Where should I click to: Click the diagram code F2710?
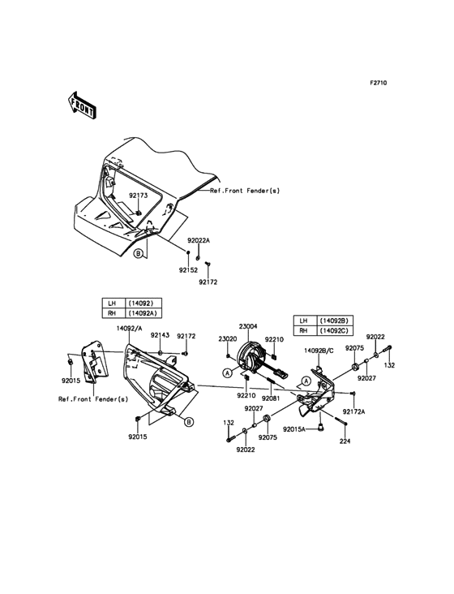point(379,83)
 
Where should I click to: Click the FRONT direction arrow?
point(82,106)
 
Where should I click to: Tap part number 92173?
point(138,196)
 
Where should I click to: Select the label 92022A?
point(199,240)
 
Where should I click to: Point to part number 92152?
point(188,270)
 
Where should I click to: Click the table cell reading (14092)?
point(141,303)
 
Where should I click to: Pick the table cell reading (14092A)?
point(143,313)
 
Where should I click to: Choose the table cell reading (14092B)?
point(334,321)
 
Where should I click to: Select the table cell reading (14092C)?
point(334,331)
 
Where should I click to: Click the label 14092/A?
point(130,329)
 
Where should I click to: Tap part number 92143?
point(160,335)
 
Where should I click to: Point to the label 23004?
point(248,326)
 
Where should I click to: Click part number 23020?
point(228,339)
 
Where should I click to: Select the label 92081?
point(272,398)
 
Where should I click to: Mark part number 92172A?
point(353,411)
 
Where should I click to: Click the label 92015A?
point(294,429)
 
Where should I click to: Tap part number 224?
point(345,441)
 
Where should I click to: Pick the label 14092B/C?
point(319,351)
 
